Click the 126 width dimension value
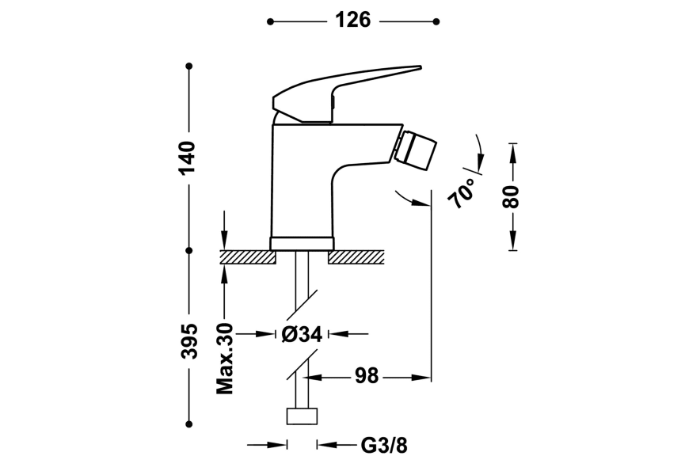pyautogui.click(x=352, y=21)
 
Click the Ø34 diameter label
pyautogui.click(x=302, y=335)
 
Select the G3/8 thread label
pyautogui.click(x=384, y=446)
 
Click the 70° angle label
pyautogui.click(x=464, y=192)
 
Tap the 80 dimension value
pyautogui.click(x=513, y=196)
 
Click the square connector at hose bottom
pyautogui.click(x=302, y=416)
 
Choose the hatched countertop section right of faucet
pyautogui.click(x=356, y=256)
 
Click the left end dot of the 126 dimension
pyautogui.click(x=270, y=21)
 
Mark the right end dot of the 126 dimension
pyautogui.click(x=436, y=21)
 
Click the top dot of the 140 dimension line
pyautogui.click(x=189, y=66)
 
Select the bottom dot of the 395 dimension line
pyautogui.click(x=189, y=423)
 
